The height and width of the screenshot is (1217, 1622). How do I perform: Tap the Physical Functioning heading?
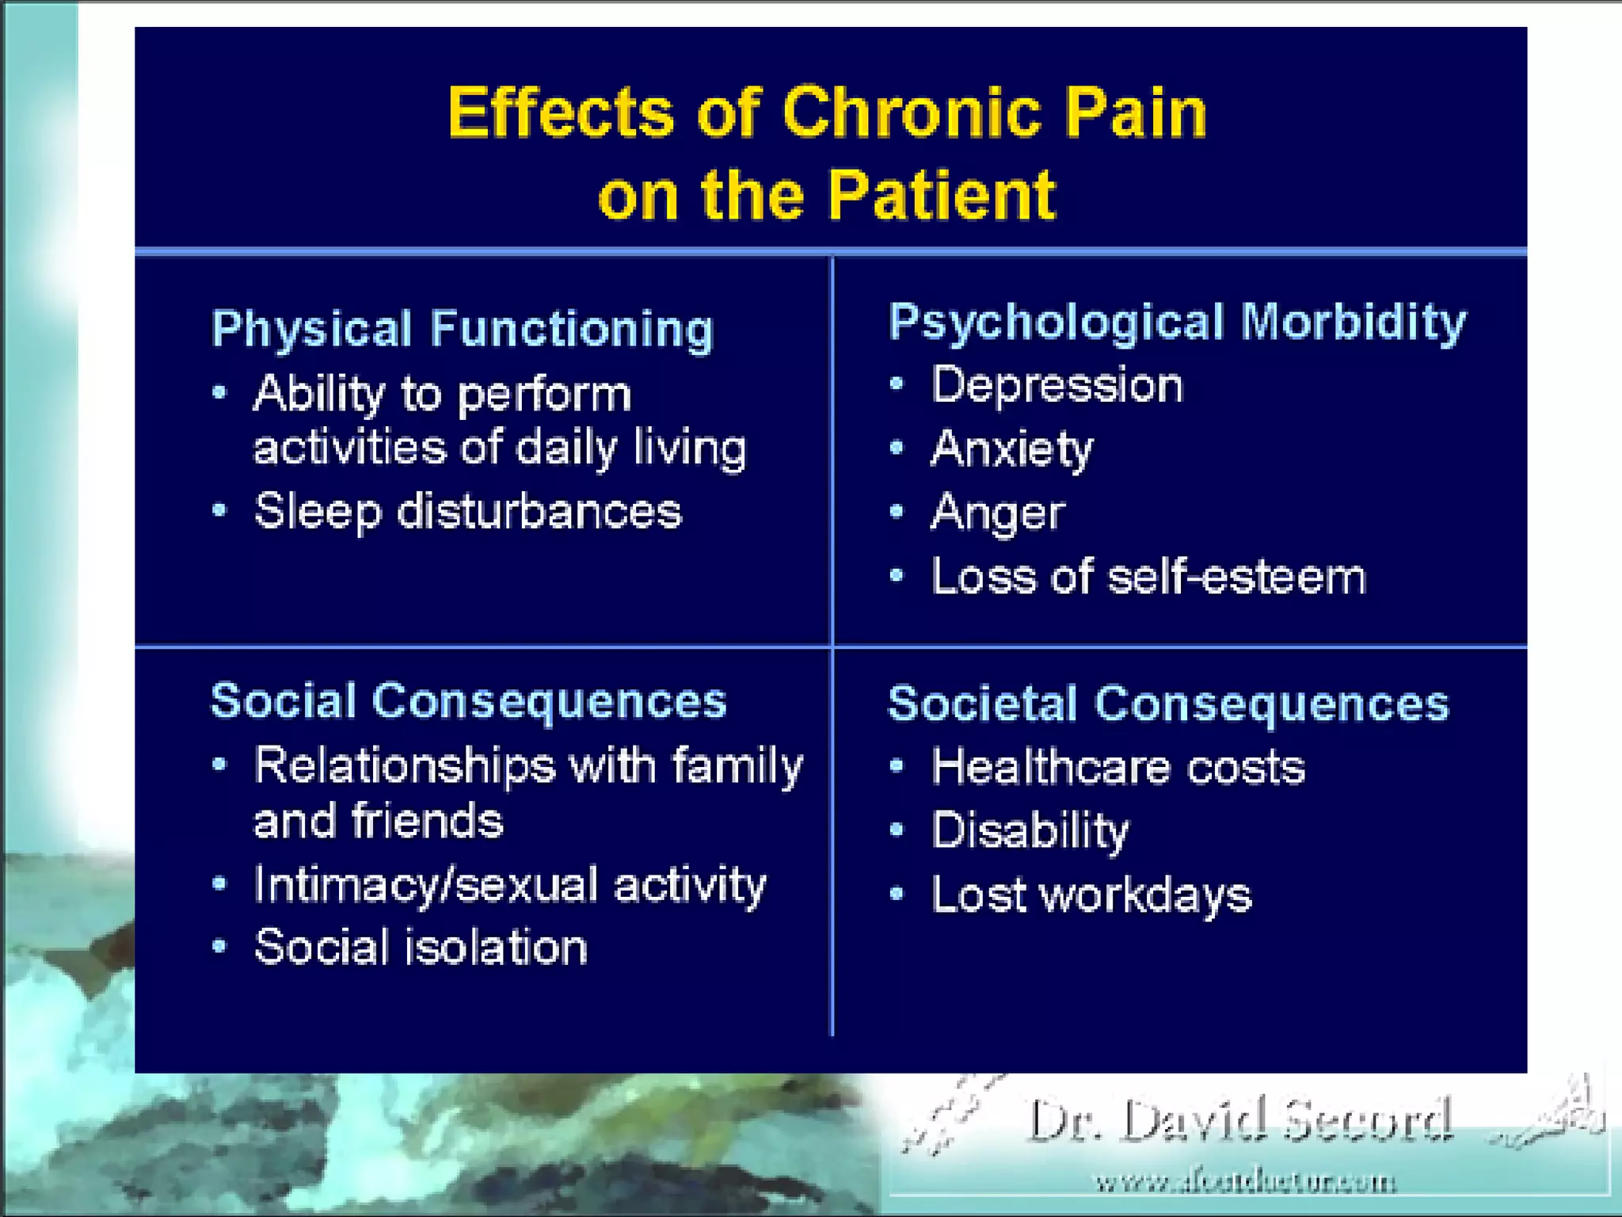(463, 329)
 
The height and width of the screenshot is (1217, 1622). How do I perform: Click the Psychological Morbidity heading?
(1178, 322)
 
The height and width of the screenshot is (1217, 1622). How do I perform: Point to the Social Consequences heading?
(469, 701)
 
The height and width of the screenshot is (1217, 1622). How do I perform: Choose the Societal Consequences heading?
(1169, 704)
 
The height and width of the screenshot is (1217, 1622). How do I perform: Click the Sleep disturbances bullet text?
(467, 512)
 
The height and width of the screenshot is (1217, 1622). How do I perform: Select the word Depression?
(1057, 386)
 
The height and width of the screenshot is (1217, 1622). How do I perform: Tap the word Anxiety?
(1012, 449)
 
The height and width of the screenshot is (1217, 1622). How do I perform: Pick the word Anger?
(998, 513)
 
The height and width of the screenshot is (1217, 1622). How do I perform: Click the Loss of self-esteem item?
(1148, 577)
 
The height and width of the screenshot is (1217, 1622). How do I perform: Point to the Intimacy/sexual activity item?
(510, 885)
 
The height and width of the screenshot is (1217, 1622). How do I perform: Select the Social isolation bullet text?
(421, 948)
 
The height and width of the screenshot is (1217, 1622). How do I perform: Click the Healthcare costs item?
(1118, 768)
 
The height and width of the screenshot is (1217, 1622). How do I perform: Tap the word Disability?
(1030, 831)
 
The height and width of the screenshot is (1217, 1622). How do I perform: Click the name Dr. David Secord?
(1239, 1121)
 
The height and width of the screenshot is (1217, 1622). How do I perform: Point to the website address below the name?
(1245, 1183)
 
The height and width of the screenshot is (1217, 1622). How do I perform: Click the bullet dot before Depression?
(897, 385)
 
